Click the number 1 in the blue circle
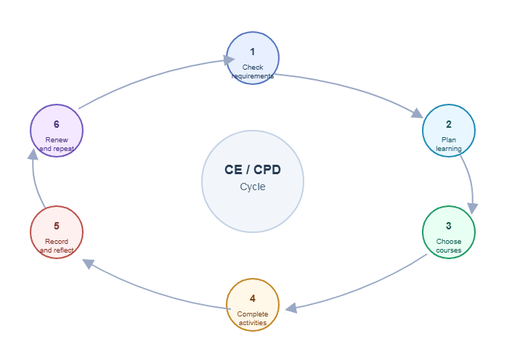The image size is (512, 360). click(253, 52)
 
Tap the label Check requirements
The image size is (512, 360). click(253, 72)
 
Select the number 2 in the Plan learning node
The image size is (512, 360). click(449, 124)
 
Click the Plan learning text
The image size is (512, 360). click(449, 144)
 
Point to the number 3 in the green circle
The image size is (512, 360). click(449, 226)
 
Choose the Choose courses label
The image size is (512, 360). click(449, 246)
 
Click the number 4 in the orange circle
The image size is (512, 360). click(253, 298)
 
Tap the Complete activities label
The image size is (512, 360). click(253, 319)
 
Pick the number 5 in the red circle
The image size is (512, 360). click(57, 226)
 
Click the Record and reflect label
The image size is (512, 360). click(57, 246)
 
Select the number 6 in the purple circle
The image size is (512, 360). click(57, 124)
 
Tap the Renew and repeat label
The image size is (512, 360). click(57, 144)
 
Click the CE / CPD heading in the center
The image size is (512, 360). click(253, 170)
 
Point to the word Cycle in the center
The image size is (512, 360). click(253, 187)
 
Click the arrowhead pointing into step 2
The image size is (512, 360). click(417, 113)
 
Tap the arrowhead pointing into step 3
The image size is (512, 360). click(473, 208)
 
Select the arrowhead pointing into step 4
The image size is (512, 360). click(291, 308)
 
